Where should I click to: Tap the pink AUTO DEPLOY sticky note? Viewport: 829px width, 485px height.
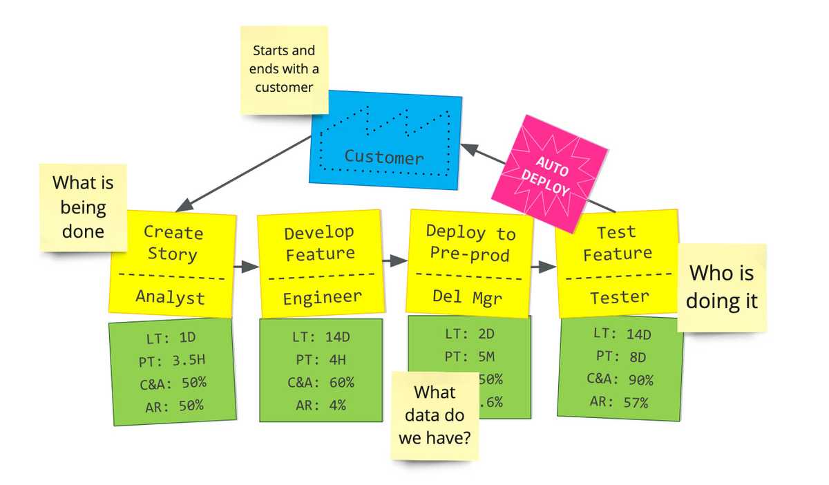(549, 173)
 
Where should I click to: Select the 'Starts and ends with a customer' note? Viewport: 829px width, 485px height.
(284, 69)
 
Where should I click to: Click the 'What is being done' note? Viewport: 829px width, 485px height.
(83, 207)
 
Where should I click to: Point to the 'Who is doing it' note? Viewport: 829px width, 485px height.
(721, 287)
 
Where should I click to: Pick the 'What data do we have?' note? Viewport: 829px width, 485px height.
(435, 415)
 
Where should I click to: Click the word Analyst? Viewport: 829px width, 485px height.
(170, 297)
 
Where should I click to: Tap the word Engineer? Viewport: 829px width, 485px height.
(321, 297)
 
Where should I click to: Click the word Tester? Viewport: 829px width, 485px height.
(619, 297)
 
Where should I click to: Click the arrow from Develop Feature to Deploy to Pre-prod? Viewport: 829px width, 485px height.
(395, 260)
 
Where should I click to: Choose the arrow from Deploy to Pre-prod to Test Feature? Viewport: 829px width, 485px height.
(544, 267)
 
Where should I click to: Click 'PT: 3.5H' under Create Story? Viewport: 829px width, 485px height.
(171, 361)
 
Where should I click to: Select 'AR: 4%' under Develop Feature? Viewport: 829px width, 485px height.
(320, 406)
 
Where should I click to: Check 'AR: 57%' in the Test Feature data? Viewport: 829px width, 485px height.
(619, 401)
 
